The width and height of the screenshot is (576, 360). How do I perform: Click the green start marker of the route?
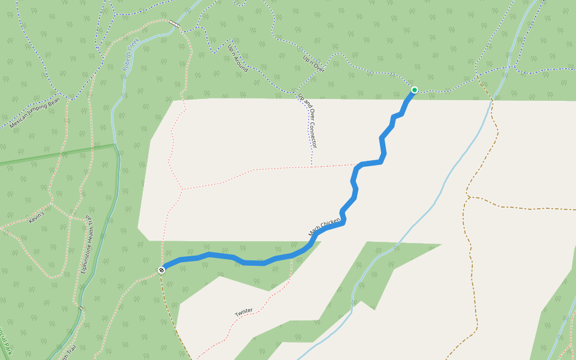pos(414,90)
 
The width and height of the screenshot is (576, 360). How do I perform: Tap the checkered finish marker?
pos(161,270)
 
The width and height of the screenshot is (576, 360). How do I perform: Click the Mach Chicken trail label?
pos(324,226)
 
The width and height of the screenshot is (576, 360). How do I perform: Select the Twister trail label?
pos(244,312)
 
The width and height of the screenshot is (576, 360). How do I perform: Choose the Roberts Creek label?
pos(130,55)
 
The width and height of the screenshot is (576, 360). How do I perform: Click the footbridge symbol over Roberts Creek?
pos(174,23)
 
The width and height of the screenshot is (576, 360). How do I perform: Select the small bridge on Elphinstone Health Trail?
pos(80,308)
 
